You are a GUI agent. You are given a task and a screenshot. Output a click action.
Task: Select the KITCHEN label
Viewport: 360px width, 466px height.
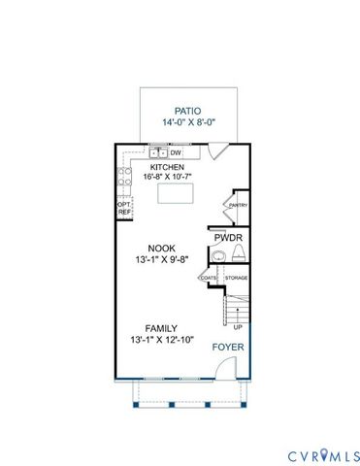pos(168,165)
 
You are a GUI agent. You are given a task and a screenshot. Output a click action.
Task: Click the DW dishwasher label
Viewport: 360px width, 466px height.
pos(176,152)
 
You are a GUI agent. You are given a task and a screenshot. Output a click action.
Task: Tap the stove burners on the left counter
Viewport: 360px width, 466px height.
pos(123,177)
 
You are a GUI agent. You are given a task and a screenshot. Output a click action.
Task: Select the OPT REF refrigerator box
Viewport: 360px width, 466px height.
pos(123,208)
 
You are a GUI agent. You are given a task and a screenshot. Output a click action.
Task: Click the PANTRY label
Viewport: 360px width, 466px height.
pos(237,206)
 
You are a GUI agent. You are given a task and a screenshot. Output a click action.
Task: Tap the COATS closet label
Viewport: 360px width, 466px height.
pos(209,279)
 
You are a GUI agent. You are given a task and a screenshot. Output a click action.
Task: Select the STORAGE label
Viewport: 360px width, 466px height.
pos(236,279)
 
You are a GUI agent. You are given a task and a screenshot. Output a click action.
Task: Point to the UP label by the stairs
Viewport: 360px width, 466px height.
pos(238,327)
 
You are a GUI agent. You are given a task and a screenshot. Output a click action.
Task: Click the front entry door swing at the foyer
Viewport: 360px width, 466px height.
pos(223,367)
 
